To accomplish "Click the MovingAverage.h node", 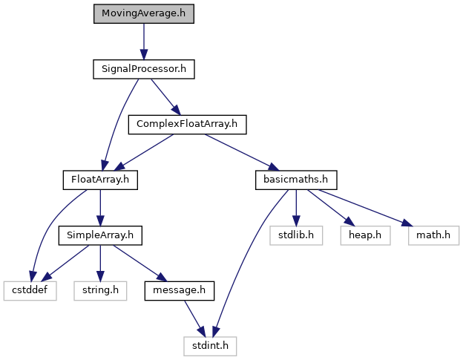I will coord(143,14).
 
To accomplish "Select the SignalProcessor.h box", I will coord(143,69).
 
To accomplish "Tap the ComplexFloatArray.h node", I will coord(186,124).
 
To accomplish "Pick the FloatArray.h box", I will coord(100,179).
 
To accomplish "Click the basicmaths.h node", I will coord(296,179).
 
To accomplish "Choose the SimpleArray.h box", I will coord(100,235).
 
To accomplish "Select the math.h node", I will coord(433,235).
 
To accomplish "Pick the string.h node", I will coord(99,289).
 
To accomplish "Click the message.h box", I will coord(179,289).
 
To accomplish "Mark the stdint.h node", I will coord(211,344).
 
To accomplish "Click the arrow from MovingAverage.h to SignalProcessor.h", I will coord(143,42).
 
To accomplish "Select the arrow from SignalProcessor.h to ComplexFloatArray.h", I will coord(165,96).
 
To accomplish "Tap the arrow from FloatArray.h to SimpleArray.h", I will coord(100,207).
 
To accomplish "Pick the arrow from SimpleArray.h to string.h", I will coord(100,262).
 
